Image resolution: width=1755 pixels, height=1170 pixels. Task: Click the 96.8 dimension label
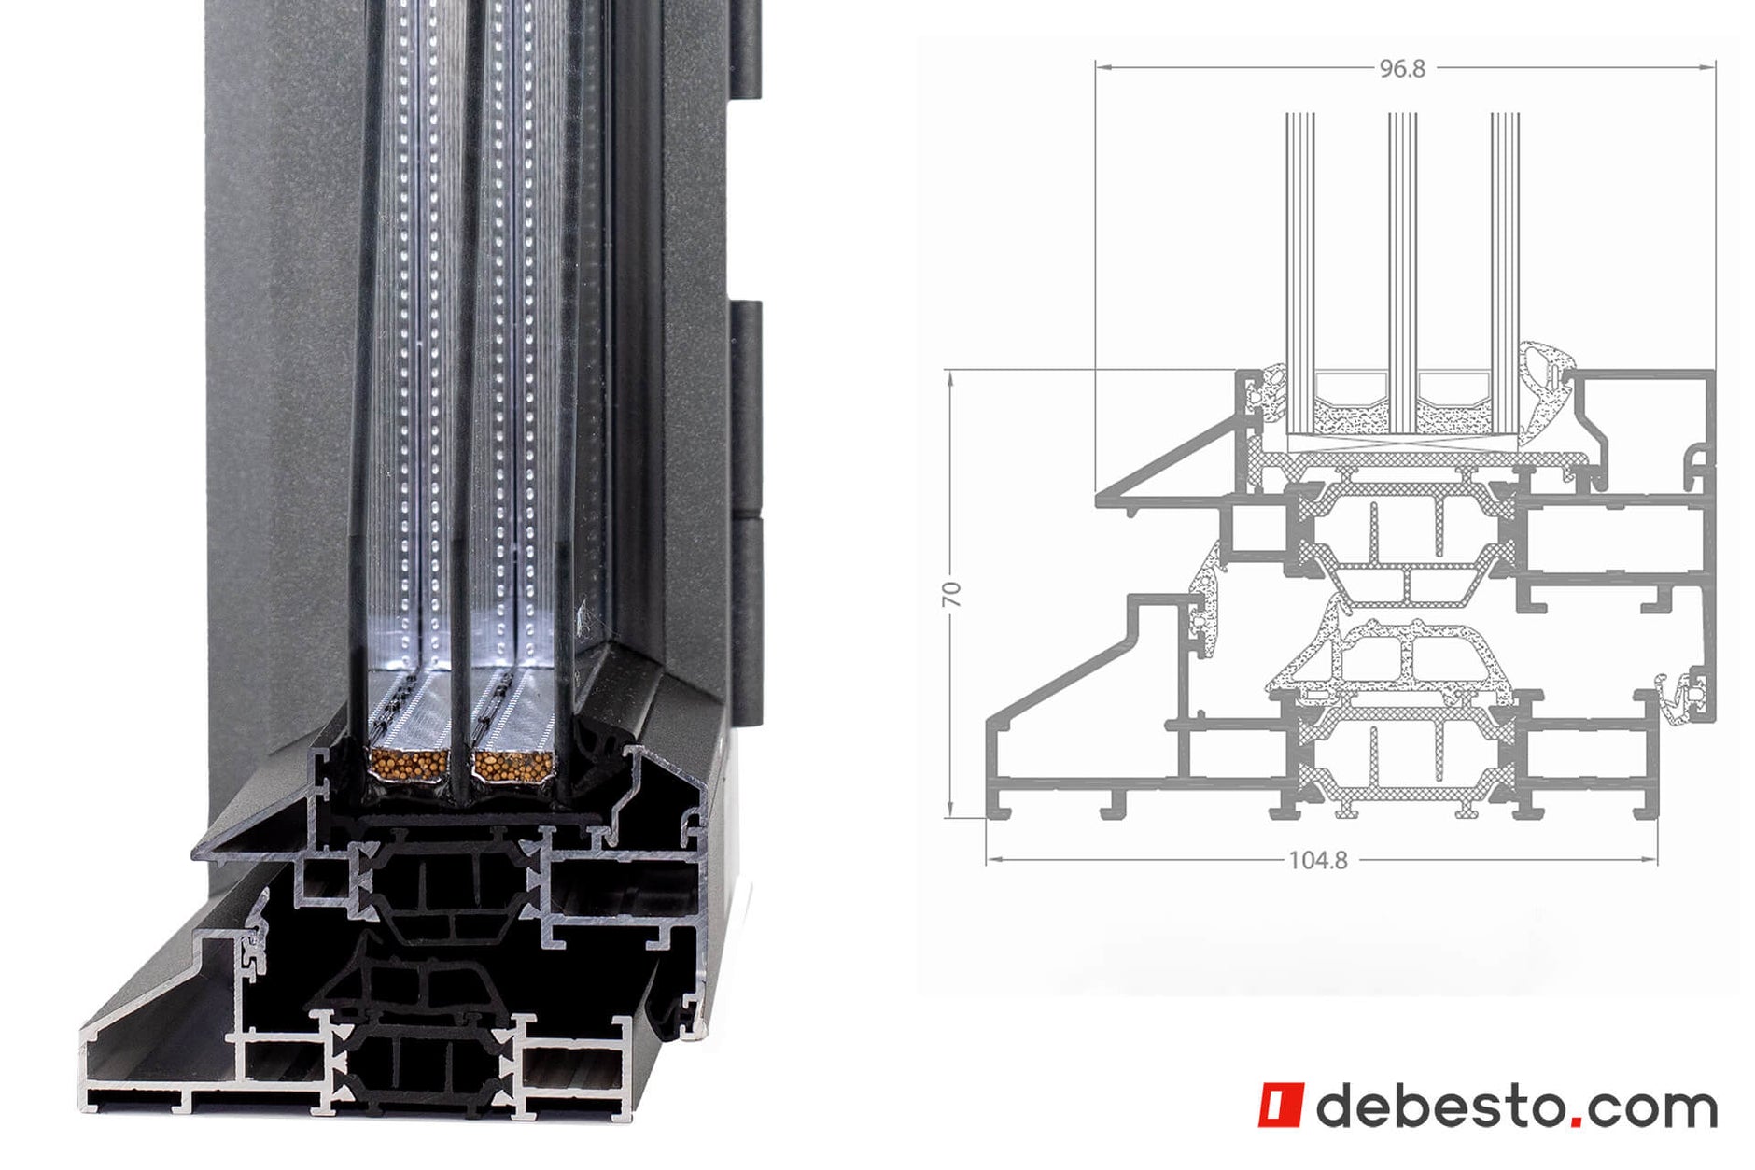(x=1402, y=68)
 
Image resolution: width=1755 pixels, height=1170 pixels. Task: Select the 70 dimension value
(x=951, y=594)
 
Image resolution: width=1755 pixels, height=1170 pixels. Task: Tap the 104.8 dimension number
(x=1317, y=860)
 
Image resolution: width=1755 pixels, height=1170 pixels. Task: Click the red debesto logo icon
(x=1279, y=1106)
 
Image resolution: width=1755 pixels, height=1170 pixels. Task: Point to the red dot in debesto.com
(x=1577, y=1120)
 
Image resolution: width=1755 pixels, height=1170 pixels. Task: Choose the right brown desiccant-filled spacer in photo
(x=512, y=765)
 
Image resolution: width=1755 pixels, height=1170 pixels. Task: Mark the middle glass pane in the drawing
(x=1402, y=271)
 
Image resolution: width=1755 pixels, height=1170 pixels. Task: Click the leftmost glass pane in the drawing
(x=1299, y=271)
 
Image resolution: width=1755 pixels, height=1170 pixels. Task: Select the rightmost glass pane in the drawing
(x=1505, y=271)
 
